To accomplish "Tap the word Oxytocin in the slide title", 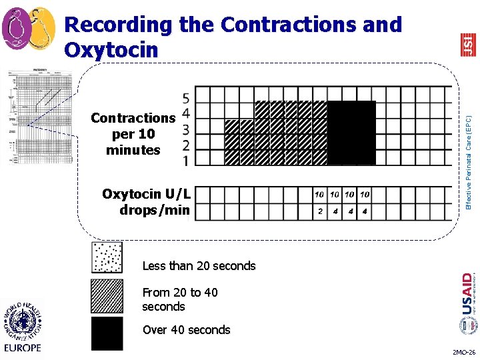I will click(111, 50).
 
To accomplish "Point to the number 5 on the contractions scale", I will click(185, 97).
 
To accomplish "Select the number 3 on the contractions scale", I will click(185, 129).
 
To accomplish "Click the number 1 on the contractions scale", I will click(185, 161).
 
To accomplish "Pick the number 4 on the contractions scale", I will click(185, 113).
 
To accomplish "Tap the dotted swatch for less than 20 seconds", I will click(107, 258).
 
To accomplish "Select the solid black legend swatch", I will click(107, 333).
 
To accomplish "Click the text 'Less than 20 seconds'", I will click(199, 266).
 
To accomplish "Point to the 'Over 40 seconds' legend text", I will click(186, 330).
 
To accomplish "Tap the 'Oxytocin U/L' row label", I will click(147, 195).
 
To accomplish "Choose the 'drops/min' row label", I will click(155, 211).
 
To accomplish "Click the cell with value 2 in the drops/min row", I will click(320, 211).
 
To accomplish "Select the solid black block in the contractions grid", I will click(351, 133).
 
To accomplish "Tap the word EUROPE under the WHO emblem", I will click(22, 347).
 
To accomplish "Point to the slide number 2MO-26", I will click(463, 351).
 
